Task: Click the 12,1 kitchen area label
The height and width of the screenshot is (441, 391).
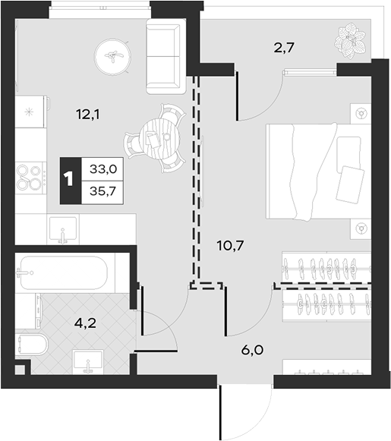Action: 88,115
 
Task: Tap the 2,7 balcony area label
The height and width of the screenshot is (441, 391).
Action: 284,48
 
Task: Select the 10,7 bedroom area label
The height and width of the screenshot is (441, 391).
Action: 230,245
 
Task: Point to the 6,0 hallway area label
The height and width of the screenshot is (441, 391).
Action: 252,350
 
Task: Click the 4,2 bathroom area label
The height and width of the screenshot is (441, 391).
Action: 85,323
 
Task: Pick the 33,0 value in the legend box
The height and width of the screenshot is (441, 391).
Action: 103,169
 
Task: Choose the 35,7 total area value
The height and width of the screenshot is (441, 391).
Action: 102,191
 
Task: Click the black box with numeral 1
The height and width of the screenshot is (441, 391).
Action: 71,181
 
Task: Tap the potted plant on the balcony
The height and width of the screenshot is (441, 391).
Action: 350,41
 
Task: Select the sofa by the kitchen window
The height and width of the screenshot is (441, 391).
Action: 166,56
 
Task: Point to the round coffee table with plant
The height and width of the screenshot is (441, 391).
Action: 113,57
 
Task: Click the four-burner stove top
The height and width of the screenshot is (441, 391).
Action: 30,178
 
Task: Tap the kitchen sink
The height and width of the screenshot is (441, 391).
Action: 63,229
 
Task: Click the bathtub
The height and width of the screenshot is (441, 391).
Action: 64,272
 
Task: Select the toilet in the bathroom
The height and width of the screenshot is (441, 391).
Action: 31,345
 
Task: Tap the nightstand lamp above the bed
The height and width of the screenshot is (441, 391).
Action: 361,114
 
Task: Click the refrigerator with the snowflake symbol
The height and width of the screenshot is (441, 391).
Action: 30,112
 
